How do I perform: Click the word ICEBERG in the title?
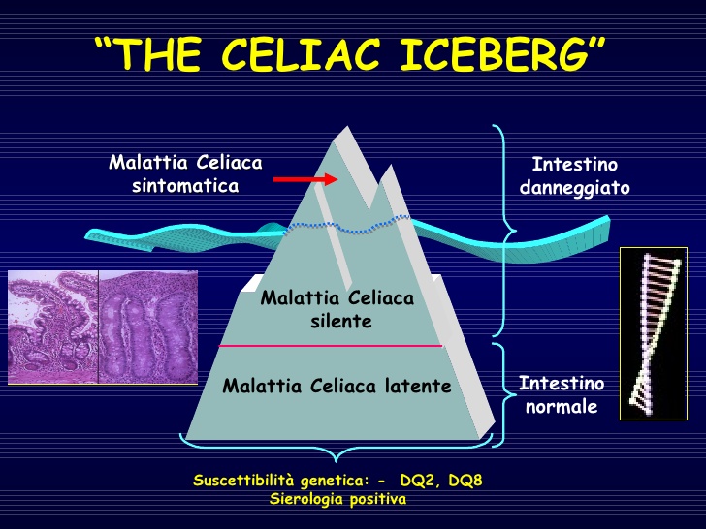[x=495, y=54]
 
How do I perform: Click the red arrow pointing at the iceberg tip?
[x=305, y=179]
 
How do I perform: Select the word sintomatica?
[x=185, y=186]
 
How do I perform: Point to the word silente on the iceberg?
[x=341, y=322]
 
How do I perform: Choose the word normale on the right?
[x=562, y=407]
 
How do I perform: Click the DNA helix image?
[x=654, y=333]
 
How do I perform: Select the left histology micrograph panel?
[x=52, y=327]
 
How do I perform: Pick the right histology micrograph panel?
[x=148, y=327]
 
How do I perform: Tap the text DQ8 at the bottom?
[x=465, y=481]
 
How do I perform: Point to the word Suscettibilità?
[x=244, y=481]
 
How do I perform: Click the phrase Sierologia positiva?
[x=337, y=499]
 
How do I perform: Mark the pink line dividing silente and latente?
[x=331, y=346]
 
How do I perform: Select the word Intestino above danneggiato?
[x=574, y=164]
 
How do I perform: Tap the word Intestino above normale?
[x=562, y=384]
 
